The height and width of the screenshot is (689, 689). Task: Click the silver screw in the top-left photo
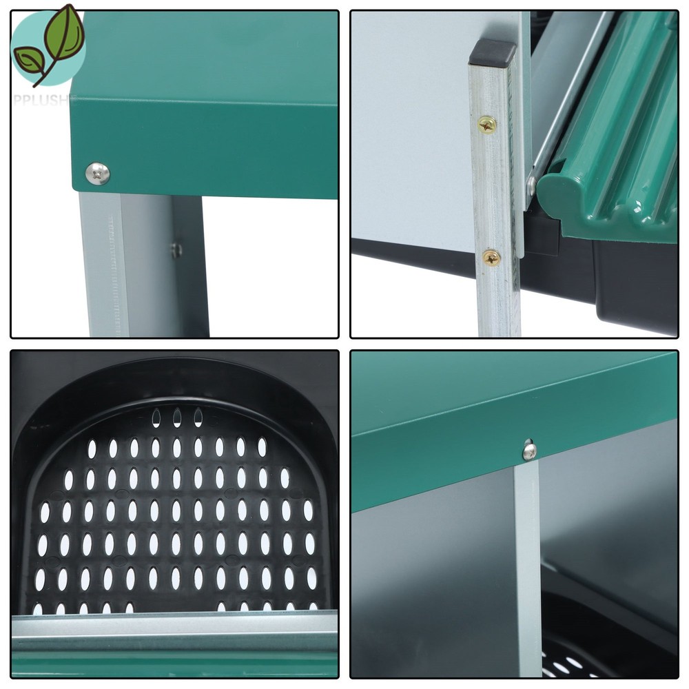click(98, 173)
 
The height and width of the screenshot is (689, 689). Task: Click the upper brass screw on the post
click(487, 124)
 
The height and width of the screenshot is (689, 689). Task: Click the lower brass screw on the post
click(491, 257)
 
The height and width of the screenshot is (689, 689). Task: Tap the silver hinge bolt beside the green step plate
click(531, 185)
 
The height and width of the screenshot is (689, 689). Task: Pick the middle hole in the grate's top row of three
click(177, 417)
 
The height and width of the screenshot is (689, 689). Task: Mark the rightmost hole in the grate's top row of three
click(198, 417)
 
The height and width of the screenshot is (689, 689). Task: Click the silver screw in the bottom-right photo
click(529, 451)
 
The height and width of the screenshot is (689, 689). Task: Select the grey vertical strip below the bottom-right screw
click(528, 565)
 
